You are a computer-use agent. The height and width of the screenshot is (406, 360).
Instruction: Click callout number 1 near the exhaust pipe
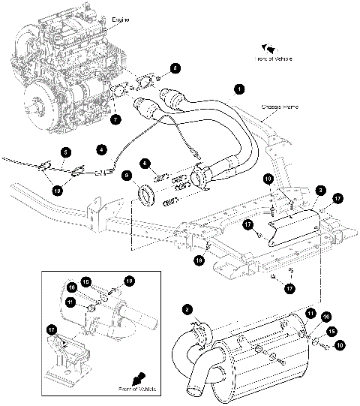239,89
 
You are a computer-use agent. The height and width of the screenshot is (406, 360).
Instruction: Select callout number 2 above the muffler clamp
187,307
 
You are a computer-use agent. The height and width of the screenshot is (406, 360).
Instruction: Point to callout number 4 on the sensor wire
102,148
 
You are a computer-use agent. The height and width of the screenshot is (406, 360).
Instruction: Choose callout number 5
66,152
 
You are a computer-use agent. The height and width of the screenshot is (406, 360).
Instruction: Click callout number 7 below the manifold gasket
115,119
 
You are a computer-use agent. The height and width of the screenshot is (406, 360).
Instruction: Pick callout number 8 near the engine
175,68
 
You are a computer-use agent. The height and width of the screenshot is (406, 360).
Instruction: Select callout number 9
127,176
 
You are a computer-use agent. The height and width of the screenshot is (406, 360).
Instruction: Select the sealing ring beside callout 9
145,199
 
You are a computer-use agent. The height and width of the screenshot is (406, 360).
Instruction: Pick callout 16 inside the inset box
73,286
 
